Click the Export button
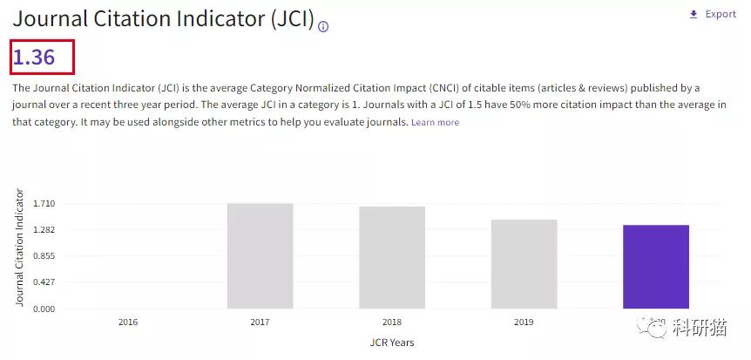(x=713, y=14)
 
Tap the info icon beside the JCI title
(x=323, y=26)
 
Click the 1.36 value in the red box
(x=34, y=58)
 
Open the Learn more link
(x=435, y=123)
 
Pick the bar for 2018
(x=392, y=257)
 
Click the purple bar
(x=655, y=266)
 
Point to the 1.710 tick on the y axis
(x=44, y=204)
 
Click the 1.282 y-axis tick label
(x=44, y=230)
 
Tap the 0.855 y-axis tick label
(x=44, y=256)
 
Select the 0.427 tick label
(x=44, y=282)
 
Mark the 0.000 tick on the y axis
(x=44, y=309)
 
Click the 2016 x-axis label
(x=127, y=323)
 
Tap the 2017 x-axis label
(x=260, y=323)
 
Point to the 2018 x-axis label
(x=392, y=323)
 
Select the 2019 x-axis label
(x=524, y=323)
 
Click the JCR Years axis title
(x=392, y=343)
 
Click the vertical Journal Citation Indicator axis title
(x=20, y=247)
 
